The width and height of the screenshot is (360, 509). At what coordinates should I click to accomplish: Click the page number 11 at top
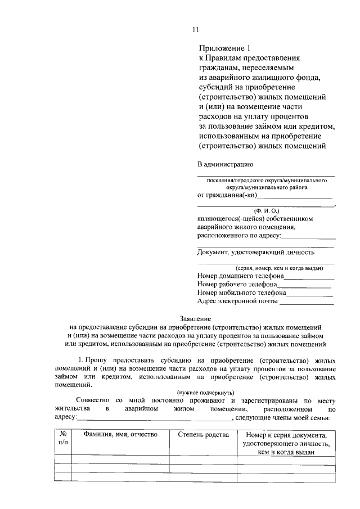coord(195,29)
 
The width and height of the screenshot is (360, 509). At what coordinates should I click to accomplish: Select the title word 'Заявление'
coord(195,318)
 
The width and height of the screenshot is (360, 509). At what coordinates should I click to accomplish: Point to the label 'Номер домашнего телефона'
coord(240,276)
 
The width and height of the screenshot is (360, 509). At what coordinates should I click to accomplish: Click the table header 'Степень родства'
coord(204,435)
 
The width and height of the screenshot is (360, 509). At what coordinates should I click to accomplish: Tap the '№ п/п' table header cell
coord(62,439)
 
